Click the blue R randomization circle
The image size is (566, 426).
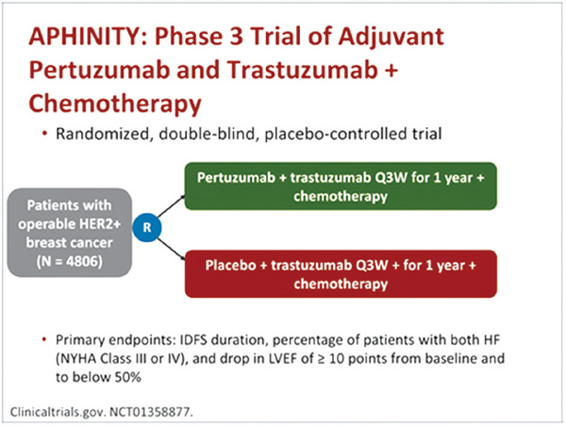[x=147, y=227]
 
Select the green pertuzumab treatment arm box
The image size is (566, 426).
[x=341, y=186]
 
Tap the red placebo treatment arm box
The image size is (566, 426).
[x=341, y=273]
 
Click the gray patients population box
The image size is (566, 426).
[x=69, y=233]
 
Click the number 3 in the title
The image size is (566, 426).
[x=237, y=37]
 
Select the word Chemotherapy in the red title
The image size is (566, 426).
[x=115, y=104]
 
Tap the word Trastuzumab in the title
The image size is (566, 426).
[x=303, y=70]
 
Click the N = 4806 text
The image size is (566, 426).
[x=69, y=261]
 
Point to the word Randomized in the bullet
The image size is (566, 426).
[x=103, y=134]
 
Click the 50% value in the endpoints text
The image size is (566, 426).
[x=127, y=377]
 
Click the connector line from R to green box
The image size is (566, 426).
[x=171, y=206]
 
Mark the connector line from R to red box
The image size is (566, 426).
[x=171, y=249]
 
